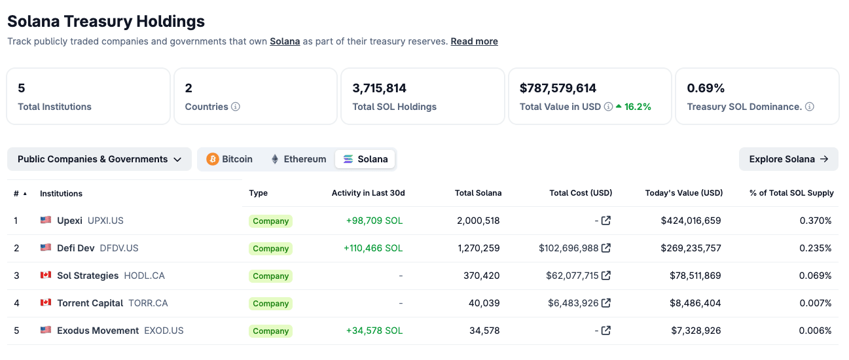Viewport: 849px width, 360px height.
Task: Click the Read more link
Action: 474,41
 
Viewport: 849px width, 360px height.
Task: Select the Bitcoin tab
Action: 230,159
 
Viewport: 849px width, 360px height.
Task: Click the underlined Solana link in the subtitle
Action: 285,41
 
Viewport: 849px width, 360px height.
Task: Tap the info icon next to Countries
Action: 236,107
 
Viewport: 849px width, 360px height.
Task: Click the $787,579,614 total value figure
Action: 558,88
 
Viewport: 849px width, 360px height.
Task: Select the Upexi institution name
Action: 69,221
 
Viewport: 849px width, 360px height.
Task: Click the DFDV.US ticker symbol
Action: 119,248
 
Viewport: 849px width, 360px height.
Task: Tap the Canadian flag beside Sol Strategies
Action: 46,276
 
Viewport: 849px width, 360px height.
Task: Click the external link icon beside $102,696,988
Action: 606,248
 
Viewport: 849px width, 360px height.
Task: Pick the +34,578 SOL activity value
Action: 374,331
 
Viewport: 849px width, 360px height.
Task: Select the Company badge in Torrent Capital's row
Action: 270,304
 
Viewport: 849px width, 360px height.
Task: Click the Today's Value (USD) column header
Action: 684,193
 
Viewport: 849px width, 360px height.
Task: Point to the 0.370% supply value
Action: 816,221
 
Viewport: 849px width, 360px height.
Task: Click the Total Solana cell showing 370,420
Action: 481,276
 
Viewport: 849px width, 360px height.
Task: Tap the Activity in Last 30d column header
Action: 368,193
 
